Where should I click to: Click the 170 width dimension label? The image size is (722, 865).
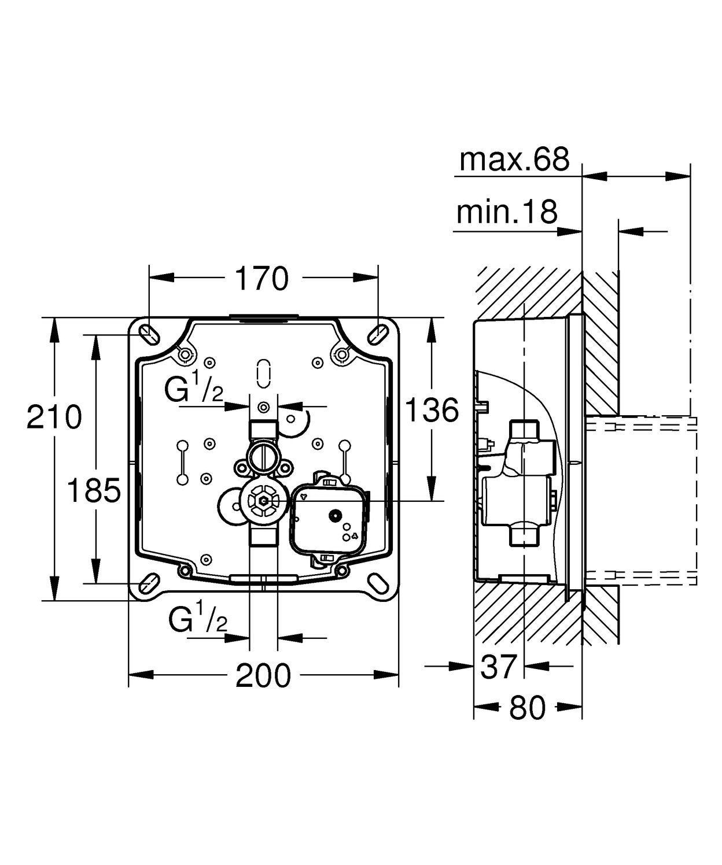[x=261, y=279]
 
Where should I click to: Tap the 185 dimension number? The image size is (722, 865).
[x=94, y=491]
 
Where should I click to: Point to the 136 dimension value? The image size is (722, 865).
[x=431, y=411]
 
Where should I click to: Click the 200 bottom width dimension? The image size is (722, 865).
[x=263, y=675]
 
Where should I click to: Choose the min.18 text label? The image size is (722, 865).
[x=507, y=212]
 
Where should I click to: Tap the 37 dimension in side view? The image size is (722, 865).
[x=498, y=666]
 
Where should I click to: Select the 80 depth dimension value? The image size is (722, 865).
[x=528, y=708]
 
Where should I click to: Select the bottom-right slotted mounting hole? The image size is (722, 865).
[x=379, y=582]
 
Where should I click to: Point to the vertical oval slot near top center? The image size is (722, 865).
[x=263, y=373]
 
